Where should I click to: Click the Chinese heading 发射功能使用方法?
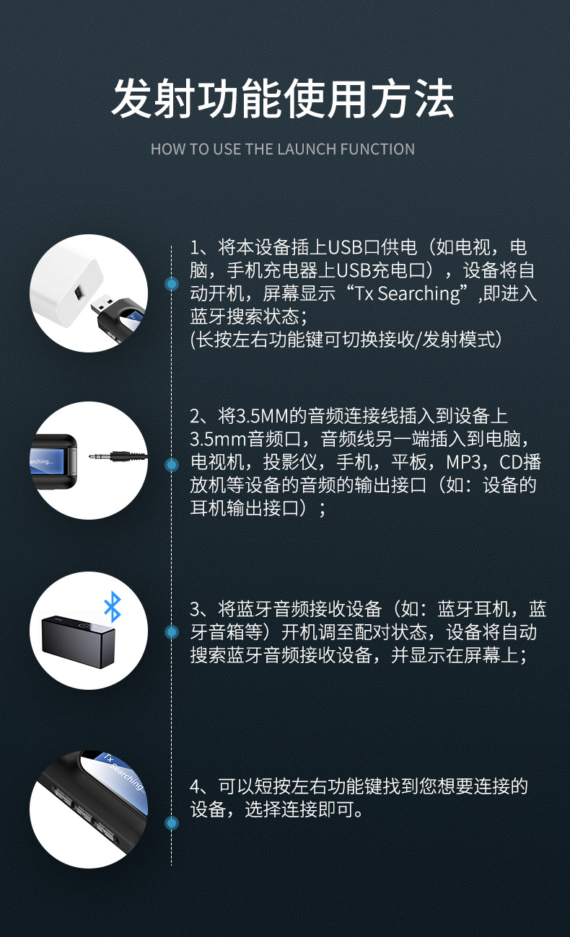pos(283,99)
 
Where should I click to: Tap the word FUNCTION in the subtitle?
pos(377,149)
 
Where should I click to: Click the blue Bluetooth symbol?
pos(112,607)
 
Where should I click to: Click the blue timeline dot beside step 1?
pos(172,284)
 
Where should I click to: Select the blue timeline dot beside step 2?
pos(172,465)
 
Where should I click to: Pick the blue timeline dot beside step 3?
pos(172,632)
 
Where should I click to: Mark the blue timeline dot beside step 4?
pos(172,822)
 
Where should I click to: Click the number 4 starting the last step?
pos(195,786)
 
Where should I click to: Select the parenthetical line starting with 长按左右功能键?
pos(346,339)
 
